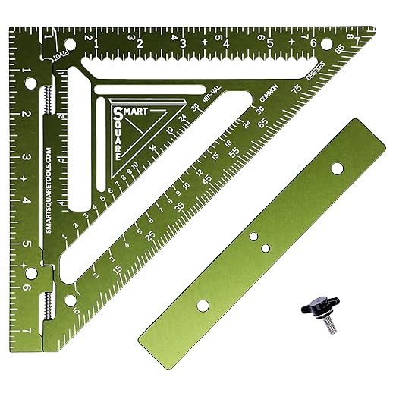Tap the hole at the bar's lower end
[203, 305]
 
